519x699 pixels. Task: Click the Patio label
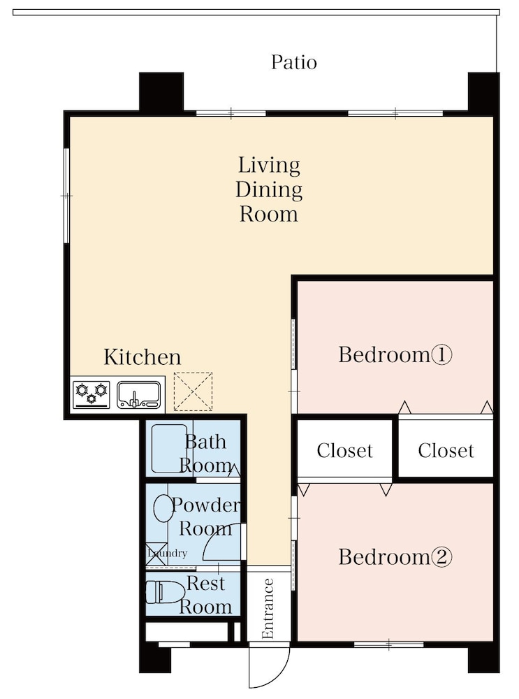tap(294, 62)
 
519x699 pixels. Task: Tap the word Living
tap(269, 166)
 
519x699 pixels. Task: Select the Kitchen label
tap(142, 357)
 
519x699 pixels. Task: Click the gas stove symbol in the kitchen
tap(92, 394)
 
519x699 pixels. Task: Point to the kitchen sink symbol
tap(139, 394)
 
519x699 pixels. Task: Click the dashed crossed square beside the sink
tap(193, 391)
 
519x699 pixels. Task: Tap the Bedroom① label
tap(395, 355)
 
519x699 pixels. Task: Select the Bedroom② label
tap(395, 557)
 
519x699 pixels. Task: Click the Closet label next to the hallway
tap(345, 451)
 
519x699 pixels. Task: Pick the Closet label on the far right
tap(446, 451)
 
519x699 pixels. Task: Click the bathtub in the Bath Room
tap(169, 449)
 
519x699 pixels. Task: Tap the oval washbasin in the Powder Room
tap(163, 508)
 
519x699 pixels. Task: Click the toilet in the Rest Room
tap(165, 592)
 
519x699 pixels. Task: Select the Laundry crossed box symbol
tap(156, 554)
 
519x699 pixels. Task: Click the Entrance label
tap(268, 609)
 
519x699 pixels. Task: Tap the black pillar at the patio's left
tap(161, 92)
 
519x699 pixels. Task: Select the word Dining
tap(269, 190)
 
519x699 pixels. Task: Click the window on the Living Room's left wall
tap(67, 196)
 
